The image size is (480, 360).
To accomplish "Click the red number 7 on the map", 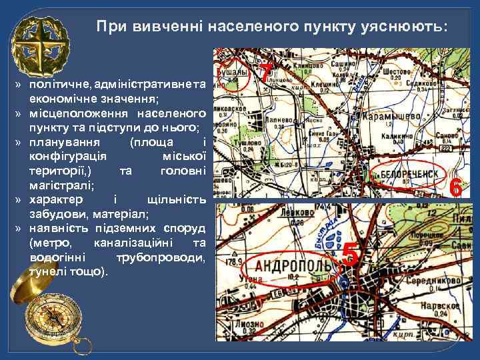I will click(266, 72).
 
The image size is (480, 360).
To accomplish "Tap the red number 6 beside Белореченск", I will click(456, 187).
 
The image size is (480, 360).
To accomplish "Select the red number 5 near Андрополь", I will click(351, 255).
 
